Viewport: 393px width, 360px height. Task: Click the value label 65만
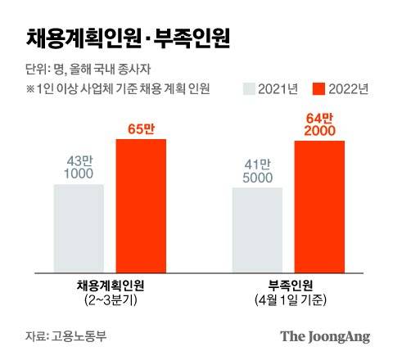point(140,128)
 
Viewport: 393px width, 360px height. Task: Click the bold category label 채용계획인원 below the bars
point(110,286)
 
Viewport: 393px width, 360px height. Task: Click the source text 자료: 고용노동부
point(62,336)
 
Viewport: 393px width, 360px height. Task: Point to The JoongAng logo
point(325,335)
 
